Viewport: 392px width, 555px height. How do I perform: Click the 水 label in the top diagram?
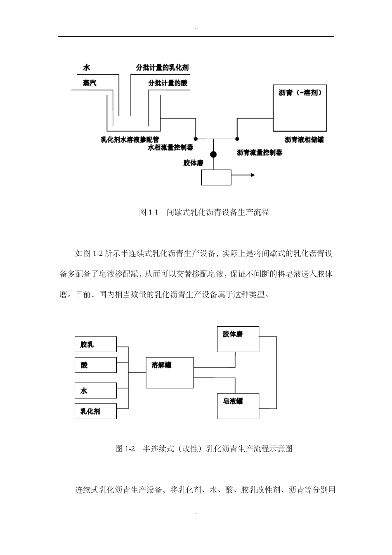point(87,68)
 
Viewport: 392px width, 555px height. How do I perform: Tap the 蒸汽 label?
point(90,83)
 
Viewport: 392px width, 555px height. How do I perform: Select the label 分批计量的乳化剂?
point(163,68)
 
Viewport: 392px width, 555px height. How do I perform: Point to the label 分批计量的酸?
point(168,83)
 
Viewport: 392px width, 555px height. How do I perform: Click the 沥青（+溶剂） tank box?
point(300,108)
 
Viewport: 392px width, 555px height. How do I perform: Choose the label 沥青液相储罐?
point(304,140)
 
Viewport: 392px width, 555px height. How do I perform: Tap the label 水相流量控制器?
point(170,147)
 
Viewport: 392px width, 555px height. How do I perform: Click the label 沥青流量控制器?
point(260,152)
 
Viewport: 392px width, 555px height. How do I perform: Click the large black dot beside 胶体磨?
point(213,154)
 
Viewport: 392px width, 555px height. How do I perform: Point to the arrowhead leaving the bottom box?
point(252,175)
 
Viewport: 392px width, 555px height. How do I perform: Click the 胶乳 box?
point(96,344)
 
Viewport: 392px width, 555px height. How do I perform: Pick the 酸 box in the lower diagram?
point(96,365)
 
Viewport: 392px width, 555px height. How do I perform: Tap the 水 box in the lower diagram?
point(96,391)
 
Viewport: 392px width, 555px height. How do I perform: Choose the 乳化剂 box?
point(96,411)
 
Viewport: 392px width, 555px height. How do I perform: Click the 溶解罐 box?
point(170,372)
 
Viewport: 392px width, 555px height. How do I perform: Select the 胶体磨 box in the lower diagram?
point(238,339)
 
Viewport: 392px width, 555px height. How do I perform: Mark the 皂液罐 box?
point(238,406)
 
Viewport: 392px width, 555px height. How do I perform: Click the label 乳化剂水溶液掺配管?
point(130,140)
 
